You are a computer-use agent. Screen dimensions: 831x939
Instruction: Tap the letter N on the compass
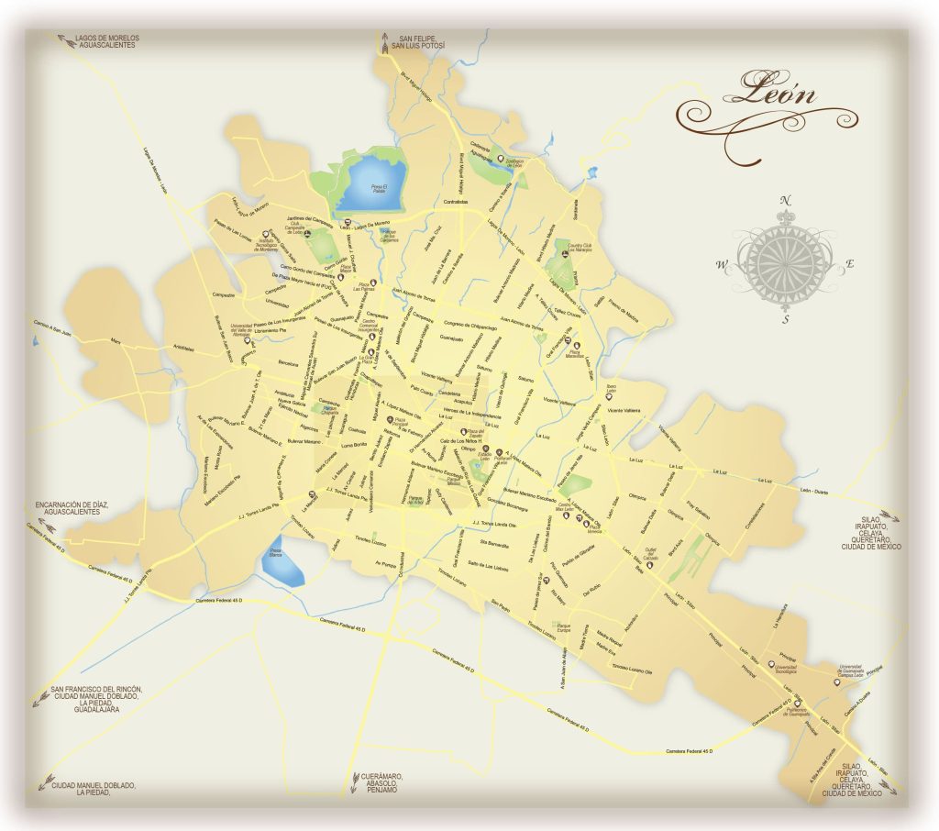point(785,201)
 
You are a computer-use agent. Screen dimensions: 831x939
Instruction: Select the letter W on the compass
point(723,266)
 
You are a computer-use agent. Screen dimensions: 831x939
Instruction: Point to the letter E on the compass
point(849,265)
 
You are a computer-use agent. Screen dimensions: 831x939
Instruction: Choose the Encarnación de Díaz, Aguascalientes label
point(73,508)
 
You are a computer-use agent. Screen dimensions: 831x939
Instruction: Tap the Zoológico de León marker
point(501,159)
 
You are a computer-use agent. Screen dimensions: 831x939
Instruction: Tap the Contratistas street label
point(456,202)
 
